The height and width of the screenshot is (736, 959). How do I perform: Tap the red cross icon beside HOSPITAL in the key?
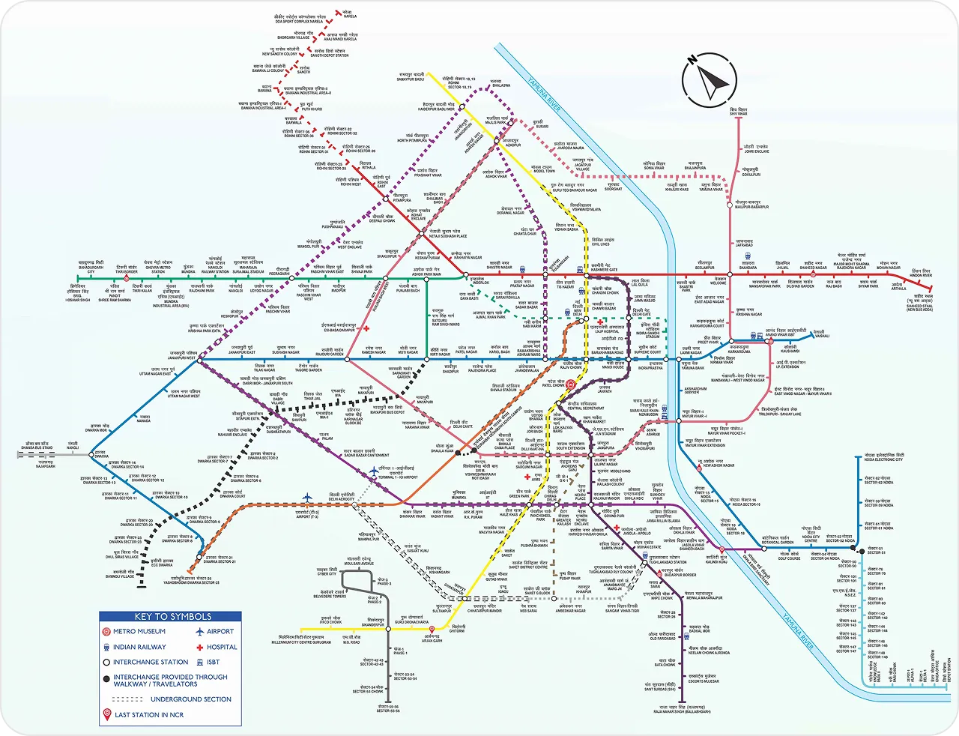(x=199, y=647)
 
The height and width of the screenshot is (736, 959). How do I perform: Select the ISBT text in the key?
(x=214, y=663)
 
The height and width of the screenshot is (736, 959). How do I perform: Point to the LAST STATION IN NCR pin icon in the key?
(x=106, y=715)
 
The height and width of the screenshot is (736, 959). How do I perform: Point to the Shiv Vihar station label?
(x=738, y=113)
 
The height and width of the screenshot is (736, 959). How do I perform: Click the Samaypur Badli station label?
(x=411, y=76)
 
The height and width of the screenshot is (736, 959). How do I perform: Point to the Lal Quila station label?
(x=639, y=283)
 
